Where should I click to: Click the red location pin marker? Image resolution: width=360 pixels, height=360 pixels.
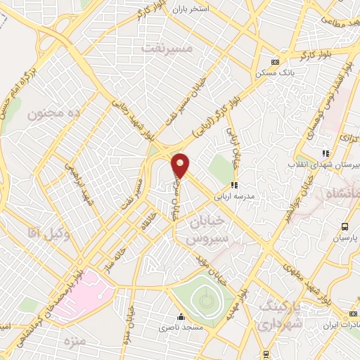181,166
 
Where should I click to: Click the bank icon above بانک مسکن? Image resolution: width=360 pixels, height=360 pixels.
276,61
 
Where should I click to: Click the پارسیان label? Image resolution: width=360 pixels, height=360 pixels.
345,238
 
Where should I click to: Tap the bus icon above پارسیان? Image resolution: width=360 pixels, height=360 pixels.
345,226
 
